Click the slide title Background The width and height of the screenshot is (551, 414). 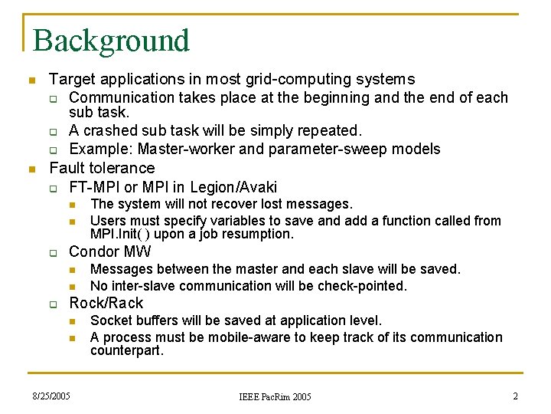click(111, 41)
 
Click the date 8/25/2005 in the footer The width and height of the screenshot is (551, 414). click(51, 396)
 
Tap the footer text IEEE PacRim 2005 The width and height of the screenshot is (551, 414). click(275, 397)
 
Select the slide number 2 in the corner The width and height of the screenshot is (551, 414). click(515, 396)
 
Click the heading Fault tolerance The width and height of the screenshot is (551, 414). click(102, 168)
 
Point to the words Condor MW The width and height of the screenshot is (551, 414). click(110, 251)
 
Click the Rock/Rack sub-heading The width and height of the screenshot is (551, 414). click(106, 303)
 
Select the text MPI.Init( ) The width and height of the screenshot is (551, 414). click(116, 234)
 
